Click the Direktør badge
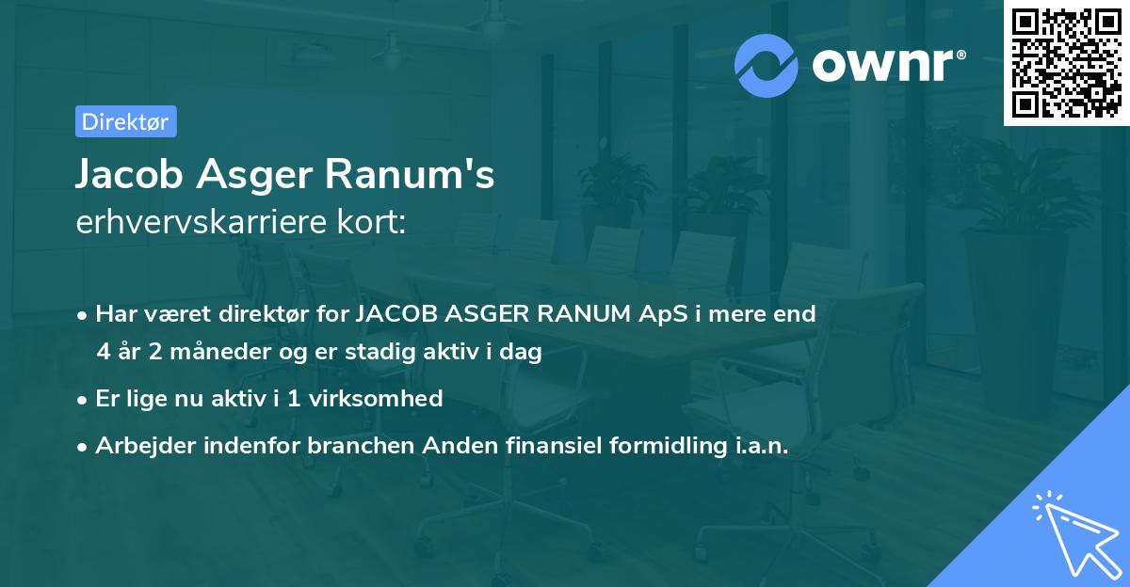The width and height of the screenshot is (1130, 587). click(125, 121)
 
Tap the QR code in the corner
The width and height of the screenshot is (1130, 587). click(1067, 62)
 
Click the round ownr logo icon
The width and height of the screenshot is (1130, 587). click(767, 65)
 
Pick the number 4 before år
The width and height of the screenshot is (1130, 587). click(103, 353)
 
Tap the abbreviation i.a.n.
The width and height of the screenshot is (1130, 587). click(759, 447)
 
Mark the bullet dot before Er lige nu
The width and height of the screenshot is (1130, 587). click(84, 400)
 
